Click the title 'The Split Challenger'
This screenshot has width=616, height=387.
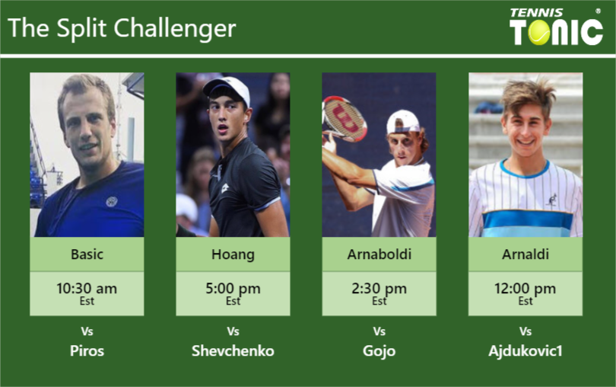pyautogui.click(x=122, y=28)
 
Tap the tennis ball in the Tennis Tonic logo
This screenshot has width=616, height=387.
pyautogui.click(x=539, y=33)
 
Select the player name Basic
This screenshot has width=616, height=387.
pyautogui.click(x=87, y=254)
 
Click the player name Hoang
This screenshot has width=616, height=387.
pyautogui.click(x=233, y=254)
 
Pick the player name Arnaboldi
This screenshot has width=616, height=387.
pyautogui.click(x=379, y=254)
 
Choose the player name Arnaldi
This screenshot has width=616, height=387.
pyautogui.click(x=526, y=254)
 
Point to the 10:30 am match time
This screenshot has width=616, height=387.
pyautogui.click(x=87, y=289)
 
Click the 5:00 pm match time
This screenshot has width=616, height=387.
pyautogui.click(x=233, y=289)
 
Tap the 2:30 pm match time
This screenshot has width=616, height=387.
pyautogui.click(x=379, y=289)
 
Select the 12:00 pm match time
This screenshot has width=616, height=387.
pyautogui.click(x=526, y=289)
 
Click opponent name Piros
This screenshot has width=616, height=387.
pyautogui.click(x=87, y=351)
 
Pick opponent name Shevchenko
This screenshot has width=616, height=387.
pyautogui.click(x=233, y=351)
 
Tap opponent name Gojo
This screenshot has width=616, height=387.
pyautogui.click(x=379, y=351)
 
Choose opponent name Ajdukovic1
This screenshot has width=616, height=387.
pyautogui.click(x=526, y=351)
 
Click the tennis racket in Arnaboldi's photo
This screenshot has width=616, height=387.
pyautogui.click(x=344, y=118)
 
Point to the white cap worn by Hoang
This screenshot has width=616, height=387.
pyautogui.click(x=227, y=87)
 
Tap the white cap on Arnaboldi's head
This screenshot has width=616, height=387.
pyautogui.click(x=402, y=121)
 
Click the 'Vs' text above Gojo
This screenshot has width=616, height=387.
pyautogui.click(x=379, y=331)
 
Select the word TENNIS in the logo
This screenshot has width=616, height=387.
pyautogui.click(x=536, y=12)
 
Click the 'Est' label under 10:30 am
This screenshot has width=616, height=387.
pyautogui.click(x=87, y=302)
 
